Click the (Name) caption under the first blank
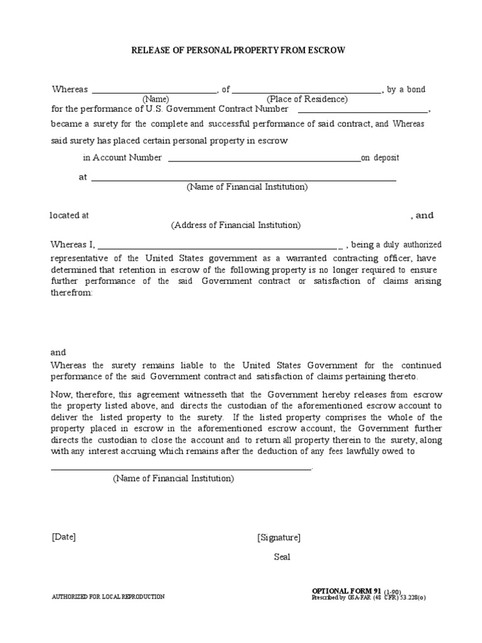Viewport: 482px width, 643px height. pyautogui.click(x=155, y=99)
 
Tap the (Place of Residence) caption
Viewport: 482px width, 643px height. pyautogui.click(x=307, y=99)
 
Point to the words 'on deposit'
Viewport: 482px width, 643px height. pyautogui.click(x=380, y=158)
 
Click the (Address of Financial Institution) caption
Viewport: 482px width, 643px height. pyautogui.click(x=236, y=225)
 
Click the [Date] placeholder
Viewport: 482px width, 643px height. pyautogui.click(x=63, y=537)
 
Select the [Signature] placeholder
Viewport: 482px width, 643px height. pyautogui.click(x=279, y=538)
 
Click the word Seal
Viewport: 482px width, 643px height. pyautogui.click(x=282, y=557)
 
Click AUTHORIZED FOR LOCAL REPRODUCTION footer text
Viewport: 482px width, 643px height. pyautogui.click(x=108, y=597)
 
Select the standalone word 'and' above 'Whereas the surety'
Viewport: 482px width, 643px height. pyautogui.click(x=58, y=352)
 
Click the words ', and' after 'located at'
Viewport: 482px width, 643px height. pyautogui.click(x=422, y=215)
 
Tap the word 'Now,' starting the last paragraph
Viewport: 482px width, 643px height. pyautogui.click(x=61, y=394)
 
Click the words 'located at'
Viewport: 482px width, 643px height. pyautogui.click(x=69, y=215)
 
